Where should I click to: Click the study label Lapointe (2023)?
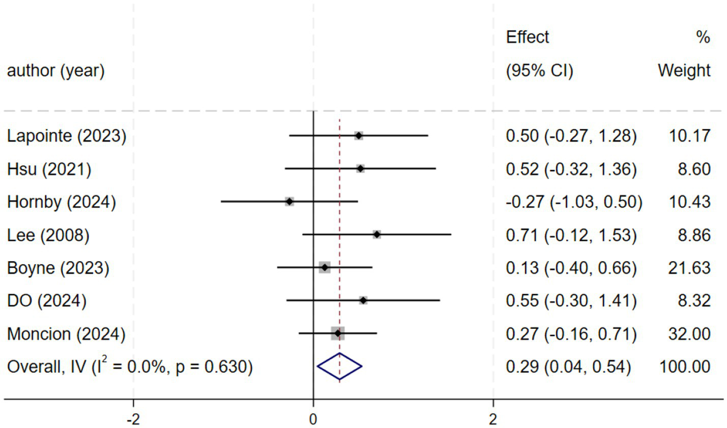point(67,136)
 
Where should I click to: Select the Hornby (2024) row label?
point(62,202)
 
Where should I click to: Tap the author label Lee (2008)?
point(48,235)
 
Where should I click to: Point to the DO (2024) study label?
point(47,301)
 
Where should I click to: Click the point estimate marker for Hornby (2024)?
point(289,202)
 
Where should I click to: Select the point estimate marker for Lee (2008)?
point(376,235)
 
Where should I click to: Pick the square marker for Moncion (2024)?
point(337,333)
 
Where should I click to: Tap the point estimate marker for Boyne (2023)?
point(325,267)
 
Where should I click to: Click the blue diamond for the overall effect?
point(339,366)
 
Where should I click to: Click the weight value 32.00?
point(689,334)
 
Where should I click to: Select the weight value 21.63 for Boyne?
point(689,268)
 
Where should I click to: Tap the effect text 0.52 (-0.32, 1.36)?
point(571,169)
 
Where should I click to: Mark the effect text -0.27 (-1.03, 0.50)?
point(574,202)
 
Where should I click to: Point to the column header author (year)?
point(56,70)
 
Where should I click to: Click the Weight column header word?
point(684,70)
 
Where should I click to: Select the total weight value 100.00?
point(684,367)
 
